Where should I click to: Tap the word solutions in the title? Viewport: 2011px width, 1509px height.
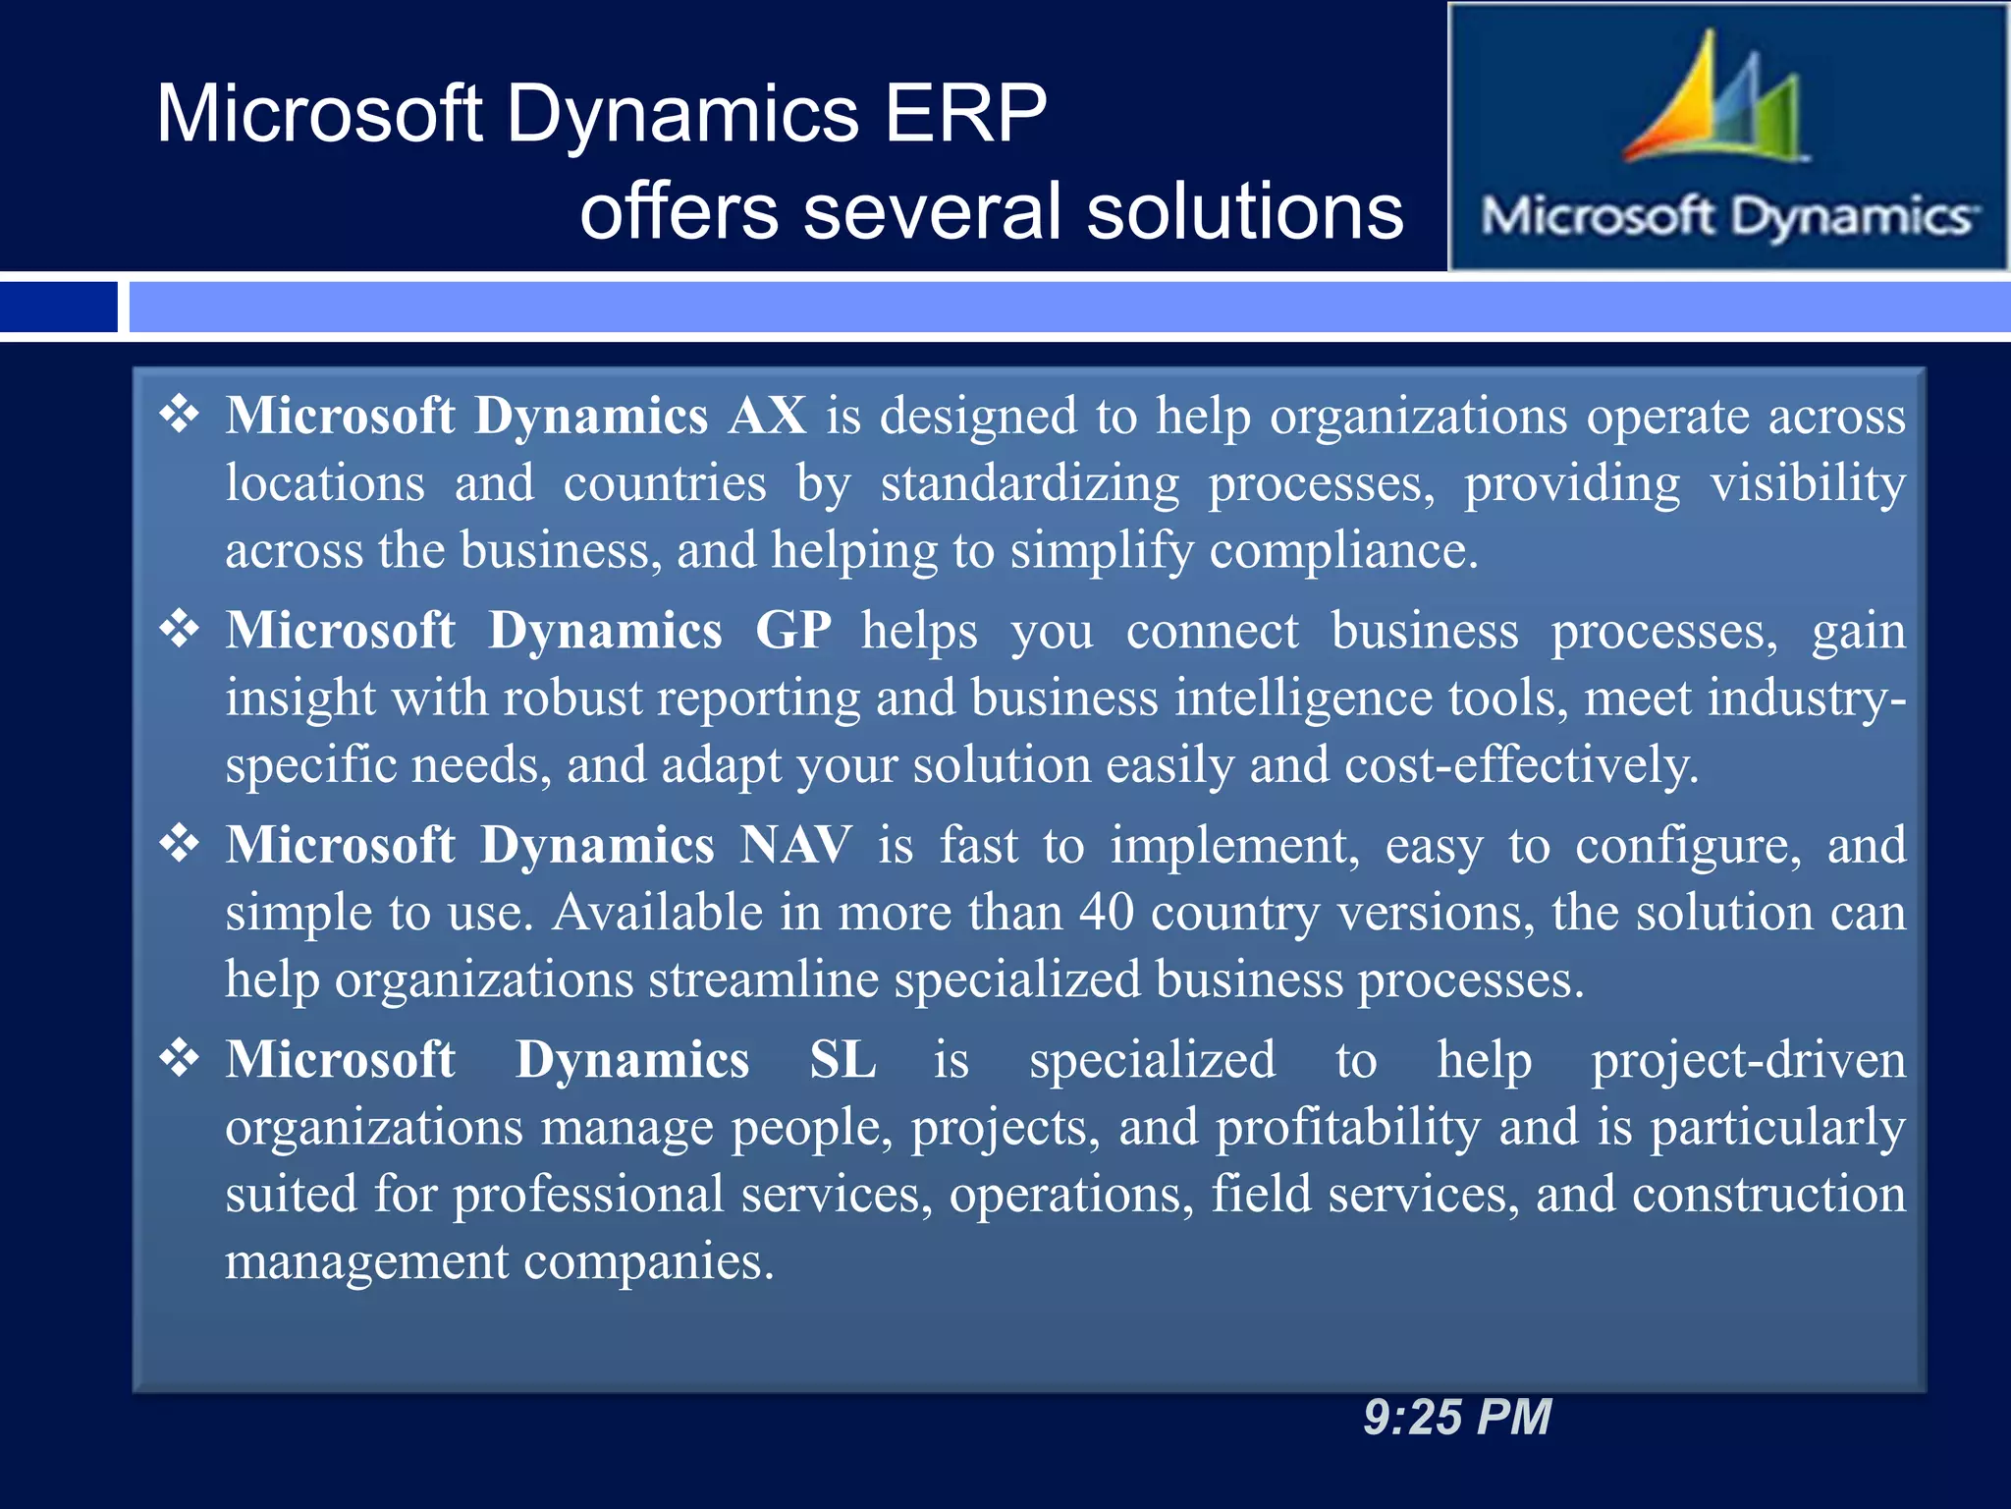1245,212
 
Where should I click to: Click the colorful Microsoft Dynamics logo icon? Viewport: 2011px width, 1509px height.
1713,98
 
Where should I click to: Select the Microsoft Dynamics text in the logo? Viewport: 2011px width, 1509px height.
1728,216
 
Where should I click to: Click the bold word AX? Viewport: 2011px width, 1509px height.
767,417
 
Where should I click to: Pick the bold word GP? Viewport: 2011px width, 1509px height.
793,631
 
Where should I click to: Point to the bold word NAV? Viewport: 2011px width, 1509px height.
795,846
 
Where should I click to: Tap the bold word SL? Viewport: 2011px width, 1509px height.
842,1061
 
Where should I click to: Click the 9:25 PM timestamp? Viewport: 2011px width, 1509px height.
1457,1418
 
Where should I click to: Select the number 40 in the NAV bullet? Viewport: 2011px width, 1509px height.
1107,913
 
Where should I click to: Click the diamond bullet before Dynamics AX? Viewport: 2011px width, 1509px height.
180,415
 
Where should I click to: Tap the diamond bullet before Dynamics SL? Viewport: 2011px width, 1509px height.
180,1059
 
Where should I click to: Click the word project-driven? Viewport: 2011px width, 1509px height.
1748,1061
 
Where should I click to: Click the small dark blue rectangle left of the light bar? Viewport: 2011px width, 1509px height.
58,307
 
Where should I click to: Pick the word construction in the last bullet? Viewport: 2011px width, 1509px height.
1768,1196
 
